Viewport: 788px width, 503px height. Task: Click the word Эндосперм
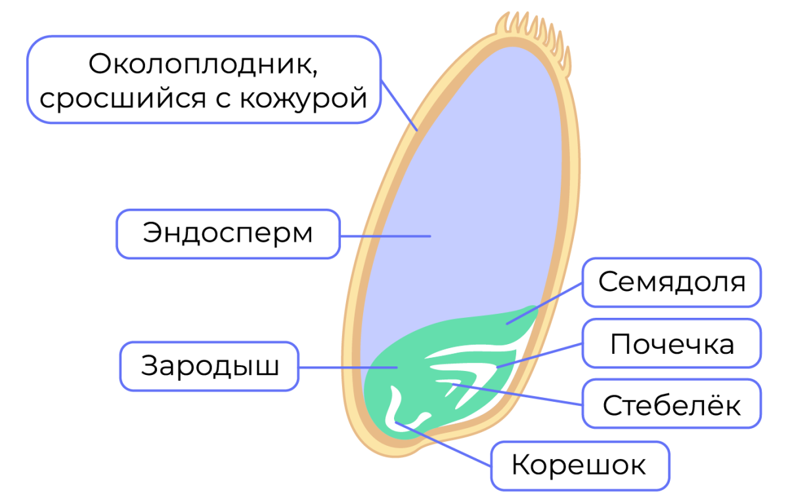[228, 234]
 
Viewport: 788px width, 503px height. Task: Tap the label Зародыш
[209, 366]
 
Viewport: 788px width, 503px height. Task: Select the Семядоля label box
[672, 282]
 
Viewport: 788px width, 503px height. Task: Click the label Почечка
[672, 343]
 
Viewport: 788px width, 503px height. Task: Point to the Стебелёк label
[672, 405]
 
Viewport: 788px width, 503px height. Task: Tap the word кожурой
[304, 98]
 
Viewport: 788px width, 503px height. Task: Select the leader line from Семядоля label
[545, 303]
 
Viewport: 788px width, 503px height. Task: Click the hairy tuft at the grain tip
[533, 33]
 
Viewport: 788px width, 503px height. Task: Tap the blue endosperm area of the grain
[460, 184]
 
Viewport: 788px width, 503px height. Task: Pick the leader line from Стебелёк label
[519, 393]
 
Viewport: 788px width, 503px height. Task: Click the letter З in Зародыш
[150, 366]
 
